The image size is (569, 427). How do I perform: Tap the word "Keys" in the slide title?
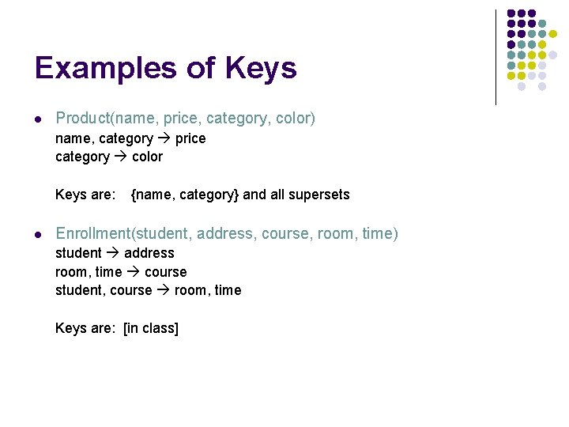tap(260, 68)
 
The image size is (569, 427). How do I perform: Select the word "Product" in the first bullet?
tap(82, 119)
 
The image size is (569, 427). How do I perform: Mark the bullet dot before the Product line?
tap(38, 119)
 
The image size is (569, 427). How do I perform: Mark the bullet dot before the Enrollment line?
tap(38, 235)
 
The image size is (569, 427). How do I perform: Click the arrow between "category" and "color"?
tap(120, 157)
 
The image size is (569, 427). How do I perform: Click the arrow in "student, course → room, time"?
tap(163, 290)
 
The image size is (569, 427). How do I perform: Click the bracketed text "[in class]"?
tap(151, 328)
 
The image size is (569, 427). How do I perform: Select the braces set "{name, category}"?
tap(184, 195)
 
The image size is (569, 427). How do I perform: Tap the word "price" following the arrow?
tap(190, 138)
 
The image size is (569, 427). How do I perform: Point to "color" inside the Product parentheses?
tap(296, 119)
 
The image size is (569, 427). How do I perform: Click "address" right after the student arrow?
tap(149, 253)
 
